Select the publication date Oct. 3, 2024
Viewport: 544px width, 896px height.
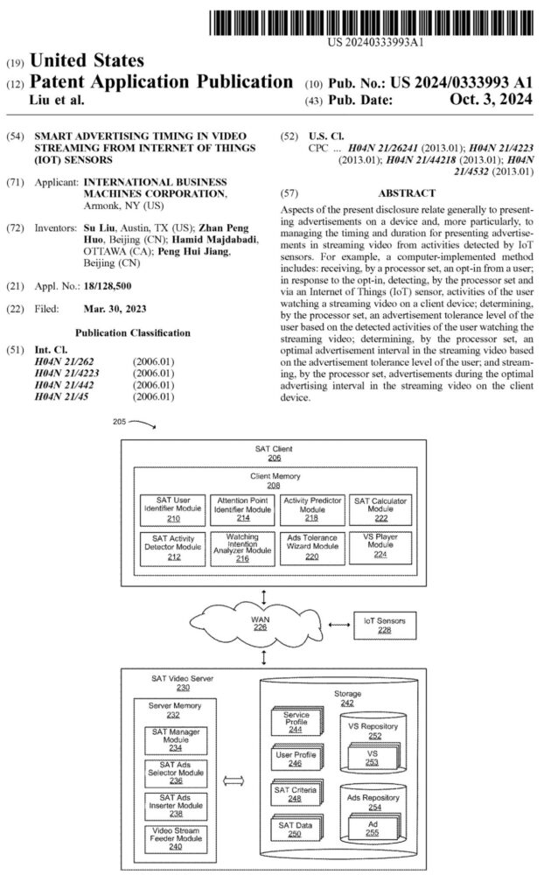(496, 101)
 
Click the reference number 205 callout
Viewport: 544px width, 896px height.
(122, 421)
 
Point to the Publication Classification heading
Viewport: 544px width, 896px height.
(132, 333)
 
